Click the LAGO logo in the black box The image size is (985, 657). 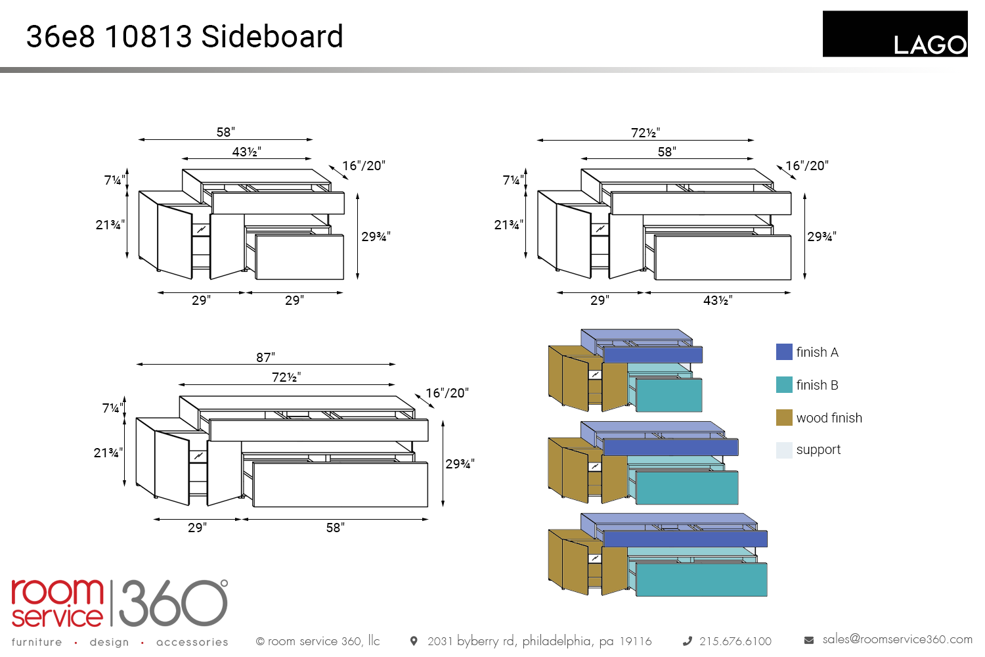[929, 44]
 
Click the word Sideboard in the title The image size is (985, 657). [272, 37]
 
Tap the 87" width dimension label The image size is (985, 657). [265, 357]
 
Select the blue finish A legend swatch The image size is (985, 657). [784, 351]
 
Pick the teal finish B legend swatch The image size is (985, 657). [784, 384]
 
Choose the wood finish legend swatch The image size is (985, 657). [784, 417]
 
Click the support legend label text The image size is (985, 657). [818, 449]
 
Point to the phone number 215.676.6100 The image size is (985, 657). [735, 641]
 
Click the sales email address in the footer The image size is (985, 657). [897, 639]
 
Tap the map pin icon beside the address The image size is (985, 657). [414, 641]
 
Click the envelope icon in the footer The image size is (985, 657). [809, 640]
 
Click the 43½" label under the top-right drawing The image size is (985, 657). [718, 300]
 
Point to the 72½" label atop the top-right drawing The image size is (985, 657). [646, 133]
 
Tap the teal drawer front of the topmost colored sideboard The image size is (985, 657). [668, 395]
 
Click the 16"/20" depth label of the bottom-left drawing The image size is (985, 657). [447, 393]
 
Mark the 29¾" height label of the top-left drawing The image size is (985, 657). [376, 237]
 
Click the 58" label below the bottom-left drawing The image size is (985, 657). [335, 528]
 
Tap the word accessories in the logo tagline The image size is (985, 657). [192, 642]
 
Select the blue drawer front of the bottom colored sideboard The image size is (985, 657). [685, 539]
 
